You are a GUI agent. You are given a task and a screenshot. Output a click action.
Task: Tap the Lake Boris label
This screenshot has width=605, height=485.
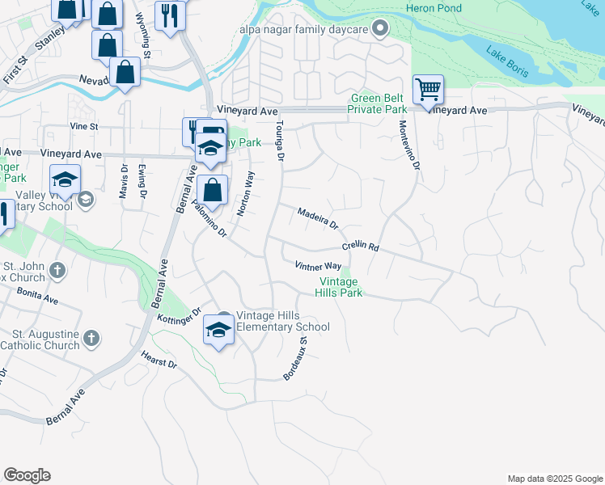(508, 62)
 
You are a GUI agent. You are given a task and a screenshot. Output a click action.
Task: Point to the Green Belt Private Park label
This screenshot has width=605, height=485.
(378, 104)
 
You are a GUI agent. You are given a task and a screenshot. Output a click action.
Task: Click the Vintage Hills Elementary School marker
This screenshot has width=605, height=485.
(219, 328)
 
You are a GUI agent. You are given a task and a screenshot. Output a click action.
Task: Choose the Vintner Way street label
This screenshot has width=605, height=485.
(318, 266)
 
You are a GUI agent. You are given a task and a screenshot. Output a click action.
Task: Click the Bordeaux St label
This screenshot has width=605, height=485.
(296, 359)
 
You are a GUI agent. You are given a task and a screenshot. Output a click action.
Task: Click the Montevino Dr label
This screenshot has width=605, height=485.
(410, 145)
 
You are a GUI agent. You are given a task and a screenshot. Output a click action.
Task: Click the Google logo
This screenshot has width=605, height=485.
(27, 475)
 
